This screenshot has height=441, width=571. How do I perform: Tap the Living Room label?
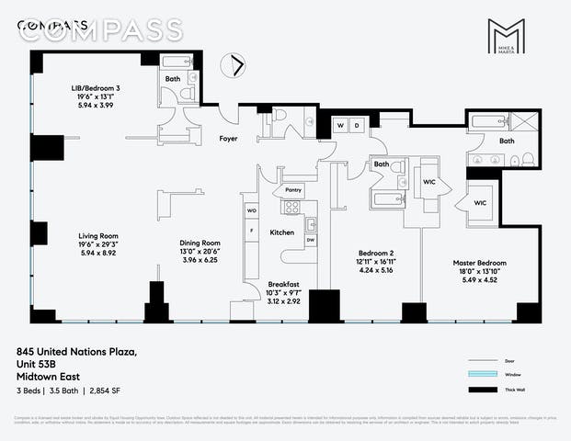click(97, 235)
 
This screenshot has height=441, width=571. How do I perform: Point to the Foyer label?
click(230, 140)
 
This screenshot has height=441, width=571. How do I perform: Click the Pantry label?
click(293, 189)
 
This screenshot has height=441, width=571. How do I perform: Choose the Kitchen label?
click(281, 232)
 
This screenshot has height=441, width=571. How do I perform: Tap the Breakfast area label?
click(283, 285)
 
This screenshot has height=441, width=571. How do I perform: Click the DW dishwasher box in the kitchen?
click(311, 240)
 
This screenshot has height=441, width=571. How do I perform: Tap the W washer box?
click(339, 124)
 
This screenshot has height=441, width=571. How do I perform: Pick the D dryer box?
click(357, 124)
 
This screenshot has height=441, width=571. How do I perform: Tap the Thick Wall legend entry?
click(508, 391)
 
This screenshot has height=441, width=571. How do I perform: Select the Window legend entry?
click(508, 376)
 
